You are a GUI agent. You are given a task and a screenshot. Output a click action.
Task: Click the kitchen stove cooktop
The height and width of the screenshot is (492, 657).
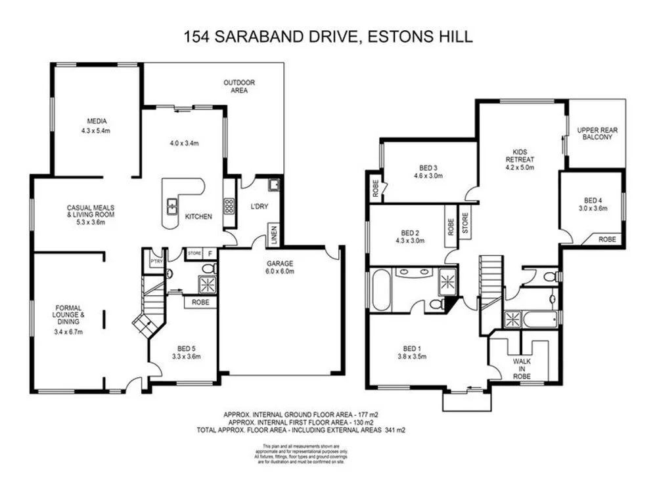229,207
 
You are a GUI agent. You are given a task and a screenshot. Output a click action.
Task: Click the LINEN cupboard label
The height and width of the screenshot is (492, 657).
272,235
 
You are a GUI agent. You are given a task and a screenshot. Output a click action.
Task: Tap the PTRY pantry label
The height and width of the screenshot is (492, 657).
156,260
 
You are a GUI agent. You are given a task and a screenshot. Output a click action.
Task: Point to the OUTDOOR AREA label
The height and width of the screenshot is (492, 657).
239,87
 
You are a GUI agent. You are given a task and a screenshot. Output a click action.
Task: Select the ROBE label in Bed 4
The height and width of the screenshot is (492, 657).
607,240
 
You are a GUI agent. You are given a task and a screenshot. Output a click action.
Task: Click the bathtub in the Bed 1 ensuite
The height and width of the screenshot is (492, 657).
380,290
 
